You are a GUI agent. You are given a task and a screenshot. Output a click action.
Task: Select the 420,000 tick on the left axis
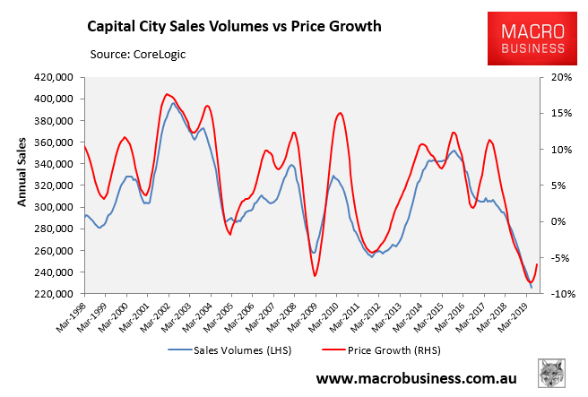55,77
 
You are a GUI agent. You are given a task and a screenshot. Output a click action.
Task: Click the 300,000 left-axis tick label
55,207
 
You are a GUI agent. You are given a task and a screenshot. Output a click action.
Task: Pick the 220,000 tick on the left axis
55,294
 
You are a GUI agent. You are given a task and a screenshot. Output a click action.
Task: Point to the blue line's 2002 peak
174,103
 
